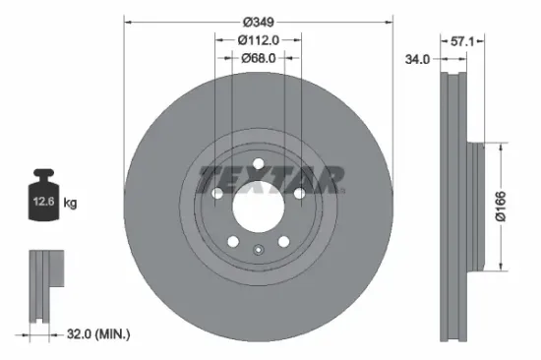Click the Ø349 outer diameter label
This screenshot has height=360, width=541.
click(259, 20)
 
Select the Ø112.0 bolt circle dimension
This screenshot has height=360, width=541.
click(259, 40)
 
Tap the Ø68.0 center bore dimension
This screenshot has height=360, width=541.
click(259, 59)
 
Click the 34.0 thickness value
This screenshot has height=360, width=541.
click(418, 59)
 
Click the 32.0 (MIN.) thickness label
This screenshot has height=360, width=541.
click(95, 334)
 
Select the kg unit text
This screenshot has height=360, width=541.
click(71, 203)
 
